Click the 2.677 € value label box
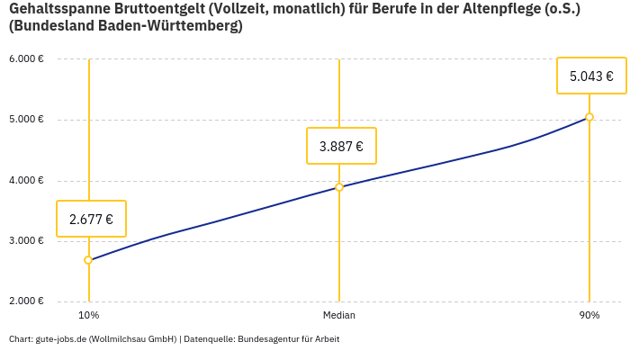click(91, 219)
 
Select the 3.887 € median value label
click(341, 146)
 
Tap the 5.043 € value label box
click(591, 76)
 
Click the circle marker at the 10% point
click(88, 260)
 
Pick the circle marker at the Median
click(339, 187)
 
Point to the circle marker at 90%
click(589, 117)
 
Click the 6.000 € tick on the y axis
click(26, 59)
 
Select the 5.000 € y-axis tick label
click(26, 120)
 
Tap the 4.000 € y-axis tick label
click(26, 181)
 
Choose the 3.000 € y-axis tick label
click(26, 241)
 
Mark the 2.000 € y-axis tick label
click(26, 301)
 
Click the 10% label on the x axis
click(88, 316)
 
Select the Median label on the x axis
click(339, 316)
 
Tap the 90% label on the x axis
click(589, 316)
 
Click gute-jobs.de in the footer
click(60, 339)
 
